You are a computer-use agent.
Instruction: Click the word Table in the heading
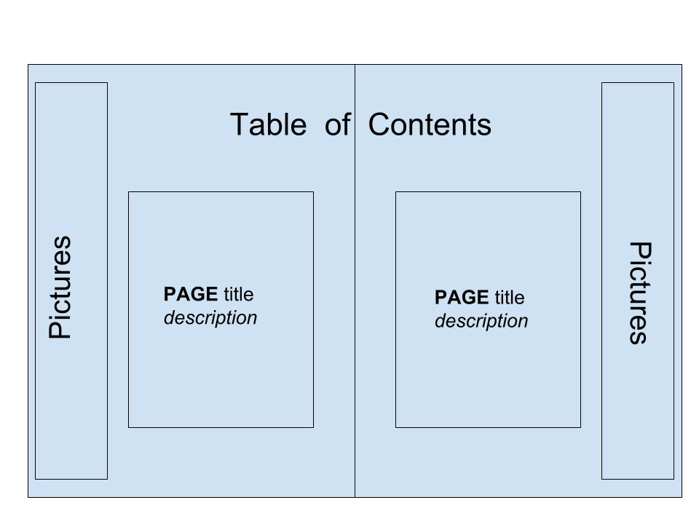click(x=269, y=124)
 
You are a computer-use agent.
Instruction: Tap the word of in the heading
click(x=337, y=124)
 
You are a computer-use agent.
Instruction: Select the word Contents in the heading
click(x=430, y=124)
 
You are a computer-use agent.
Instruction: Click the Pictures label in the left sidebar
click(x=60, y=287)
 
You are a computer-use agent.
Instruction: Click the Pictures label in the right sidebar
click(x=640, y=293)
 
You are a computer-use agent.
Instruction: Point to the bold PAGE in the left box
click(x=191, y=294)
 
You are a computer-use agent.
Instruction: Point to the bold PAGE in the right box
click(x=462, y=297)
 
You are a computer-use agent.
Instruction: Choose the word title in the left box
click(x=239, y=294)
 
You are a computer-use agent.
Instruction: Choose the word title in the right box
click(x=510, y=297)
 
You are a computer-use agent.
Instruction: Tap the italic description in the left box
click(x=210, y=318)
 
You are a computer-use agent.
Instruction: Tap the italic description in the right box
click(x=481, y=321)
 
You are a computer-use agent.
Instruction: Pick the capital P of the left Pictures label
click(x=60, y=329)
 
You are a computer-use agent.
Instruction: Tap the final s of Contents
click(x=484, y=127)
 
